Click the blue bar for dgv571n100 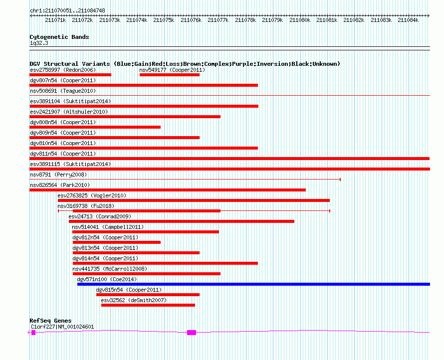point(254,284)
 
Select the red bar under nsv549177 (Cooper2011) point(170,75)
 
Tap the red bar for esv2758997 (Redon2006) point(70,75)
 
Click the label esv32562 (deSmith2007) point(134,300)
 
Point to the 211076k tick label point(191,20)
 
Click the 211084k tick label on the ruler point(408,20)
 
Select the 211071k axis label point(55,20)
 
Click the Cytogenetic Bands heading point(59,37)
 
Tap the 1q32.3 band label point(39,43)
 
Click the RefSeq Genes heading point(50,321)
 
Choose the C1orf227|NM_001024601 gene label point(62,327)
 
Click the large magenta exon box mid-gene point(192,333)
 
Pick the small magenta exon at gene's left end point(33,333)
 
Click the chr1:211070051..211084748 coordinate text point(67,10)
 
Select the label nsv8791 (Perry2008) point(58,175)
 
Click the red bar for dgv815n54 point(148,295)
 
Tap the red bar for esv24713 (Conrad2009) point(182,221)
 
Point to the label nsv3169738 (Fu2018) point(86,206)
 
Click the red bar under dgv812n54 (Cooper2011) point(117,242)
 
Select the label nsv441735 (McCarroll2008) point(110,269)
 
